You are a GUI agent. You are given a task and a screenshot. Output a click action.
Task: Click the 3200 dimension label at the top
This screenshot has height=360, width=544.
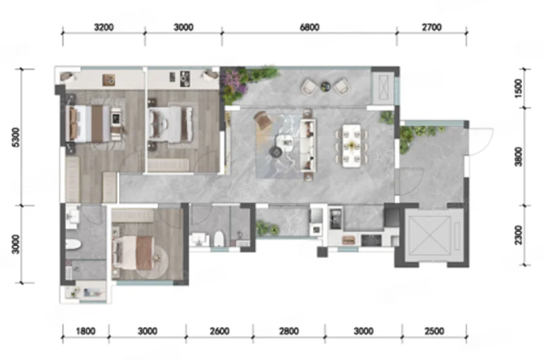click(104, 27)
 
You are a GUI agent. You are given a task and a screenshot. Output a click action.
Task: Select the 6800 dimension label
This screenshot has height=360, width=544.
click(309, 27)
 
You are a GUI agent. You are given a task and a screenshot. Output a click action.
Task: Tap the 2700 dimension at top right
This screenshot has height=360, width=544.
click(432, 27)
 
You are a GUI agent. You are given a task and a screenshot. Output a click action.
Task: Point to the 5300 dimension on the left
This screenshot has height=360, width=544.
click(16, 137)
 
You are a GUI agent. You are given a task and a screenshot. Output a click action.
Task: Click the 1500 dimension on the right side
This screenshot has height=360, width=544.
click(518, 88)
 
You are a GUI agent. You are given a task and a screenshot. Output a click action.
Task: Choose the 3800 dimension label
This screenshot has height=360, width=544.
click(518, 157)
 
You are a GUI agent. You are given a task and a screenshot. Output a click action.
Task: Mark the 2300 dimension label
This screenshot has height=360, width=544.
click(518, 235)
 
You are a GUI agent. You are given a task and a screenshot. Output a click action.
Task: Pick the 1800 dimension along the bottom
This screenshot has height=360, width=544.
click(86, 331)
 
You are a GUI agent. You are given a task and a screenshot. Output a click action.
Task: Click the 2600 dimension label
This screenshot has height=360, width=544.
click(220, 331)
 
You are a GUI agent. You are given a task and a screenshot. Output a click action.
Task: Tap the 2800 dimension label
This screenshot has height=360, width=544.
click(289, 331)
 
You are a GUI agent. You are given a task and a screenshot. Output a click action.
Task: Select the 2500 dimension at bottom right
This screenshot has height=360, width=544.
click(434, 331)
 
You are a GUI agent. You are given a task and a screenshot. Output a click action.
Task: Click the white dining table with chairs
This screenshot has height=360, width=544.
click(352, 146)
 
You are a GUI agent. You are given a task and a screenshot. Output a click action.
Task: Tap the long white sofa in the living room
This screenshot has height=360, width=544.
click(308, 145)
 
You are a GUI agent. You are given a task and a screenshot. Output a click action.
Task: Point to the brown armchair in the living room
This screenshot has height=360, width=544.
click(264, 120)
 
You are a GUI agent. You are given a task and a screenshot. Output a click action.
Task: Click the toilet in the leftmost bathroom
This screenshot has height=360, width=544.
click(73, 245)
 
